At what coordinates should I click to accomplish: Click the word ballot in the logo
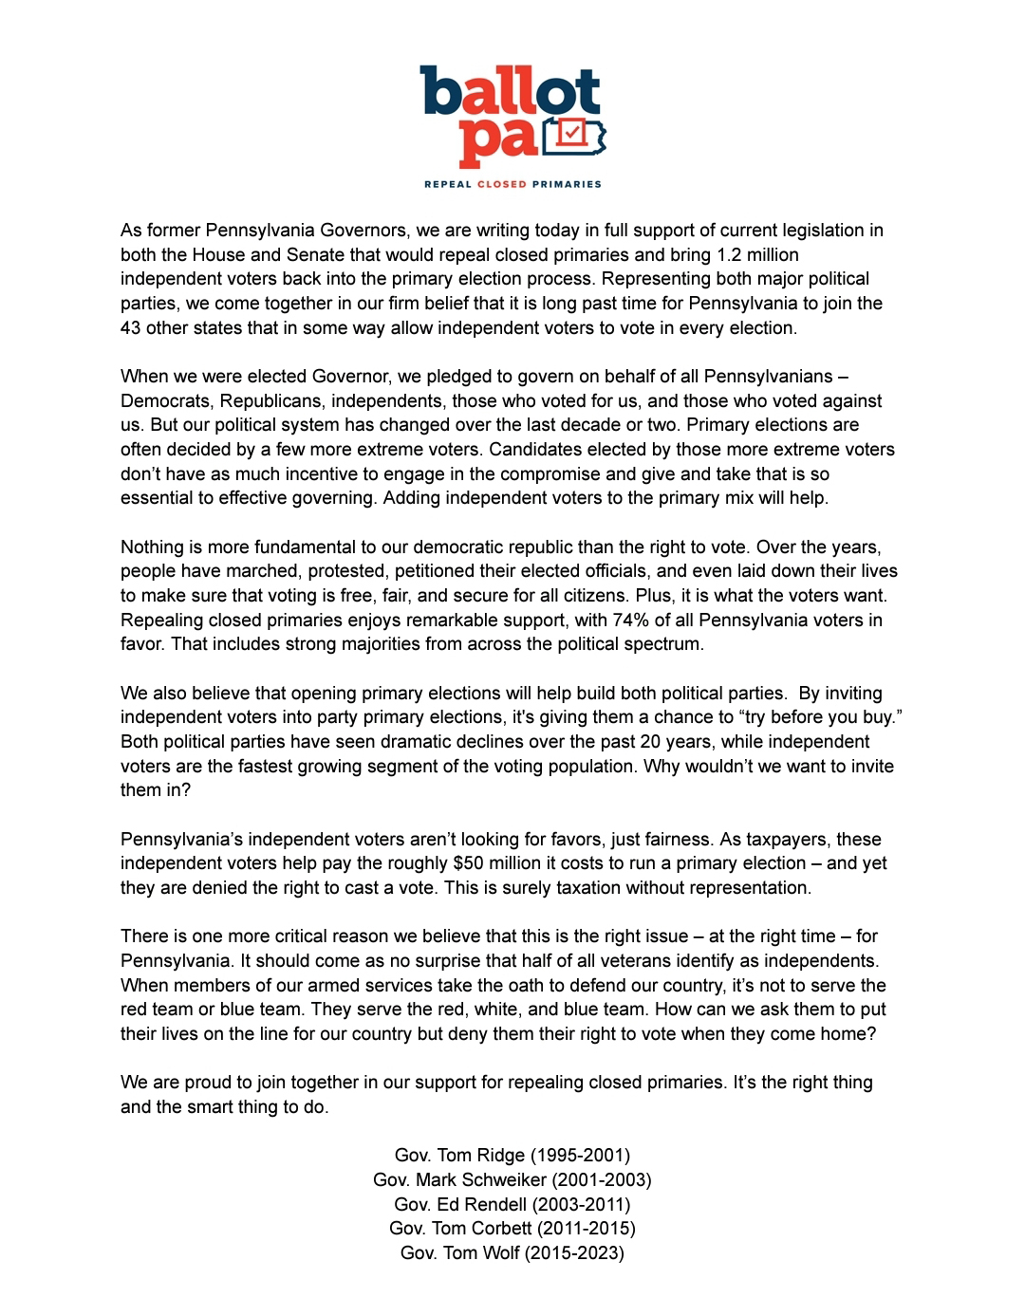tap(511, 92)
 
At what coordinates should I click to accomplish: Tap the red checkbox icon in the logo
tap(571, 134)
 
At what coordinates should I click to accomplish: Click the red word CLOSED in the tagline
tap(501, 184)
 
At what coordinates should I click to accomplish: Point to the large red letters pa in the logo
tap(498, 140)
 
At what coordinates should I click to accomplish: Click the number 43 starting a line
tap(130, 328)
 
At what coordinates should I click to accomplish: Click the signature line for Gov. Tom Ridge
tap(512, 1156)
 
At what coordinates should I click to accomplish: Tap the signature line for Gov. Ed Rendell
tap(512, 1205)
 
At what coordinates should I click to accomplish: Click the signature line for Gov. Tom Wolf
tap(512, 1253)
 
